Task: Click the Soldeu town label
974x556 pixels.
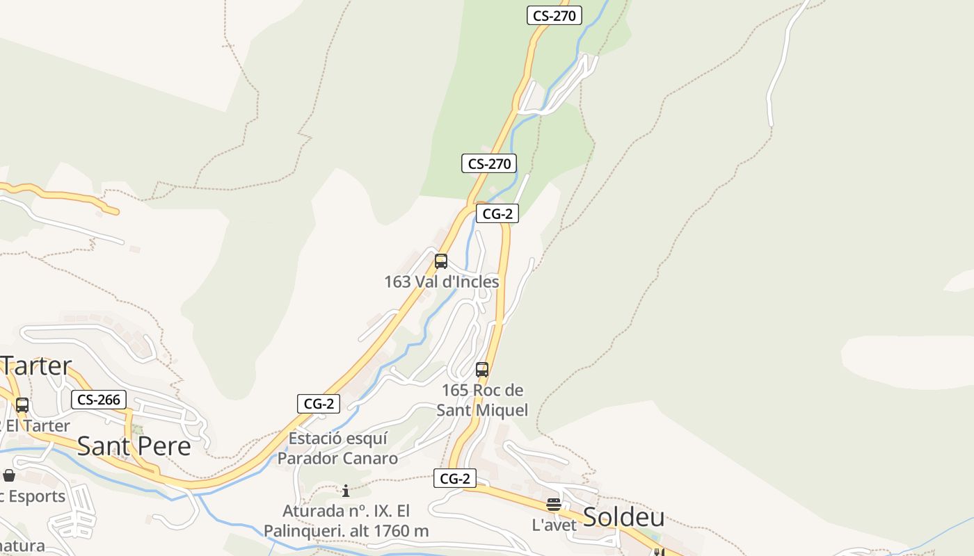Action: [623, 517]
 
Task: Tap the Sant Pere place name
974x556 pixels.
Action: [134, 445]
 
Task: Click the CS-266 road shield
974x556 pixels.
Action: [98, 400]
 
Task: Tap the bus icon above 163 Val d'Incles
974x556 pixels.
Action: [440, 261]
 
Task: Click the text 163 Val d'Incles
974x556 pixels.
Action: [442, 281]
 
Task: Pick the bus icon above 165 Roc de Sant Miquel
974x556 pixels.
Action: [482, 370]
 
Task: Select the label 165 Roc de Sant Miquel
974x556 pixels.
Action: [482, 400]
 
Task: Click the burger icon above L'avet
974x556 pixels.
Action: [554, 505]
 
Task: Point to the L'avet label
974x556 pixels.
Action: [554, 525]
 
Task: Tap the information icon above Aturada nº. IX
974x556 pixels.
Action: [346, 491]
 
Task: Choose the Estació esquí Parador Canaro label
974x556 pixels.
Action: [338, 448]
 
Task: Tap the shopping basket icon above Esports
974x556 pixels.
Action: [9, 475]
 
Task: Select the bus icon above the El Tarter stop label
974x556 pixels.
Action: [22, 405]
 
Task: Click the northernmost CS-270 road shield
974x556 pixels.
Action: [554, 15]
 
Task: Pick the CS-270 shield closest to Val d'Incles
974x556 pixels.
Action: [489, 164]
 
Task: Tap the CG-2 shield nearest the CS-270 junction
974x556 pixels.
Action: [497, 213]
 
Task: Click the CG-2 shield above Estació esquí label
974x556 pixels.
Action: [319, 403]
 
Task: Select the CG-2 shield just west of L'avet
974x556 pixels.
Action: [455, 478]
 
